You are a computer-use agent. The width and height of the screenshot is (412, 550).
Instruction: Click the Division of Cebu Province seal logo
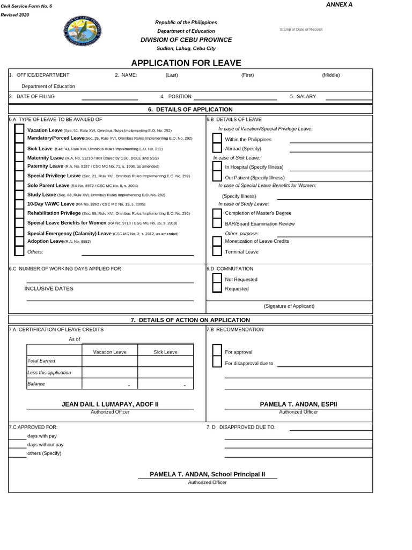click(82, 31)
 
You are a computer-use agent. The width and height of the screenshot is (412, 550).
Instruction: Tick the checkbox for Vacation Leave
click(19, 129)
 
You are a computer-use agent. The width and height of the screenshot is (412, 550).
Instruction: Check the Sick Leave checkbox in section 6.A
click(19, 148)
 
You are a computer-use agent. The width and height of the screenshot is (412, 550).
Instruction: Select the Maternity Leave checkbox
click(19, 157)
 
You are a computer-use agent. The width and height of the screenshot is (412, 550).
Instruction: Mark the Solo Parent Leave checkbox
click(19, 185)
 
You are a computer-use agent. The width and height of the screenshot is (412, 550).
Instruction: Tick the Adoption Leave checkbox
click(19, 242)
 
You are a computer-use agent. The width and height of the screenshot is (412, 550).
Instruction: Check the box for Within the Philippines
click(217, 139)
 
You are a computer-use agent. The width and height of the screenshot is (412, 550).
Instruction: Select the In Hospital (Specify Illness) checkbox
click(217, 167)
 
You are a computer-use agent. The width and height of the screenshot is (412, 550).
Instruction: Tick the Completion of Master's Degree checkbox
click(217, 213)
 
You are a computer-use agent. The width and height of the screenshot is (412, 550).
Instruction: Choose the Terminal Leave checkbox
click(217, 251)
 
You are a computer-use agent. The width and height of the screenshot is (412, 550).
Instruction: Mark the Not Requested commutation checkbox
click(217, 278)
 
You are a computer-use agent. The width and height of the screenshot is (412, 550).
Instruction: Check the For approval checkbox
click(217, 351)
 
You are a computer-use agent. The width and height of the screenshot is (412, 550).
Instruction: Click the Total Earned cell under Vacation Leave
click(109, 361)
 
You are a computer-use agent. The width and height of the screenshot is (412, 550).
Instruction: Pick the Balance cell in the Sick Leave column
click(165, 383)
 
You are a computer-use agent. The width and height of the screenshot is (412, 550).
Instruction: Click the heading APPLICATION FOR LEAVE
click(186, 63)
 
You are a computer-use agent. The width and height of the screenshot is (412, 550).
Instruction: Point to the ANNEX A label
click(339, 5)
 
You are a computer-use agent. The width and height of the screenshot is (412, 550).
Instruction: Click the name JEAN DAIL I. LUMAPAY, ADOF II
click(110, 404)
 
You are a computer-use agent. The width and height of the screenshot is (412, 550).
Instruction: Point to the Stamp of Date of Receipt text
click(301, 29)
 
